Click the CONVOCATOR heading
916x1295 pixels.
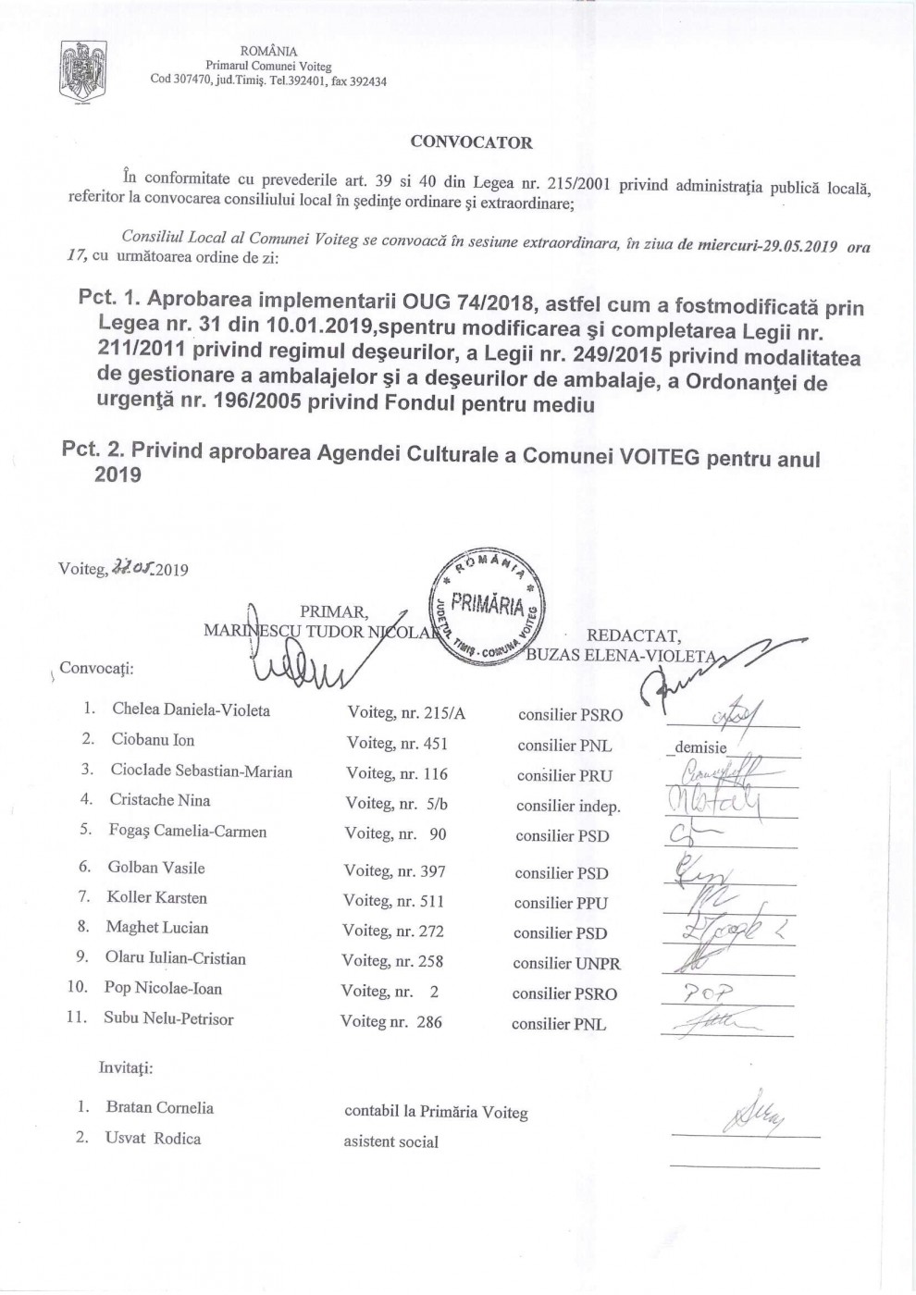click(471, 142)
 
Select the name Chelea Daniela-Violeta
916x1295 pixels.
click(191, 710)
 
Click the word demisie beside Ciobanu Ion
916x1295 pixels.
click(700, 747)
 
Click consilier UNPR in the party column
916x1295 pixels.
click(566, 963)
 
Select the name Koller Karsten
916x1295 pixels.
click(156, 897)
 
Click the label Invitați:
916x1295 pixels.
click(126, 1067)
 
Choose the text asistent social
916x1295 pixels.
click(390, 1141)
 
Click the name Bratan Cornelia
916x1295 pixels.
click(159, 1107)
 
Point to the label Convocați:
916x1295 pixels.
click(96, 668)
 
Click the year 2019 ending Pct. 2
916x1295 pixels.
click(118, 475)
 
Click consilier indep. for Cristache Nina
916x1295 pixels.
click(568, 806)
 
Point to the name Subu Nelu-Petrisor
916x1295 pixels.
click(168, 1018)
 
